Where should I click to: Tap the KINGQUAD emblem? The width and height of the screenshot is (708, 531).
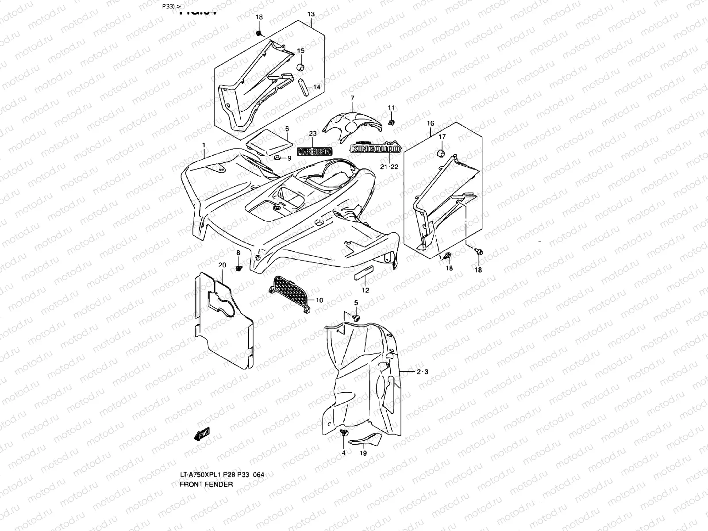pyautogui.click(x=375, y=148)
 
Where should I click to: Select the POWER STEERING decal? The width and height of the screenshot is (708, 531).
pyautogui.click(x=314, y=151)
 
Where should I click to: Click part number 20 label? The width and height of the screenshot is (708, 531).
pyautogui.click(x=222, y=265)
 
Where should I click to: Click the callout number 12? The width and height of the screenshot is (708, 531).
pyautogui.click(x=365, y=290)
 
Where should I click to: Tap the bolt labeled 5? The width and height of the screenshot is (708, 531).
pyautogui.click(x=356, y=317)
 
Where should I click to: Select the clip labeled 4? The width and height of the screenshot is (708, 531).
pyautogui.click(x=343, y=433)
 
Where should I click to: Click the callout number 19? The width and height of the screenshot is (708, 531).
pyautogui.click(x=363, y=453)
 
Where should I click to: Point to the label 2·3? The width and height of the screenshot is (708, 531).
pyautogui.click(x=422, y=372)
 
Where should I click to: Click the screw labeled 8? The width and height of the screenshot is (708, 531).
pyautogui.click(x=239, y=268)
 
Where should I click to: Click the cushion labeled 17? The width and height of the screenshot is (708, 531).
pyautogui.click(x=441, y=153)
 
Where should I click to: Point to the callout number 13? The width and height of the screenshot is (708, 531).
pyautogui.click(x=311, y=14)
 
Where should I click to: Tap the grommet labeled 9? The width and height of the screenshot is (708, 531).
pyautogui.click(x=277, y=158)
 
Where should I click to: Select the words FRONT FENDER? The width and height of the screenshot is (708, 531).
pyautogui.click(x=206, y=484)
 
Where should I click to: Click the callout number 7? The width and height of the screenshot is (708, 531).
pyautogui.click(x=352, y=97)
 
